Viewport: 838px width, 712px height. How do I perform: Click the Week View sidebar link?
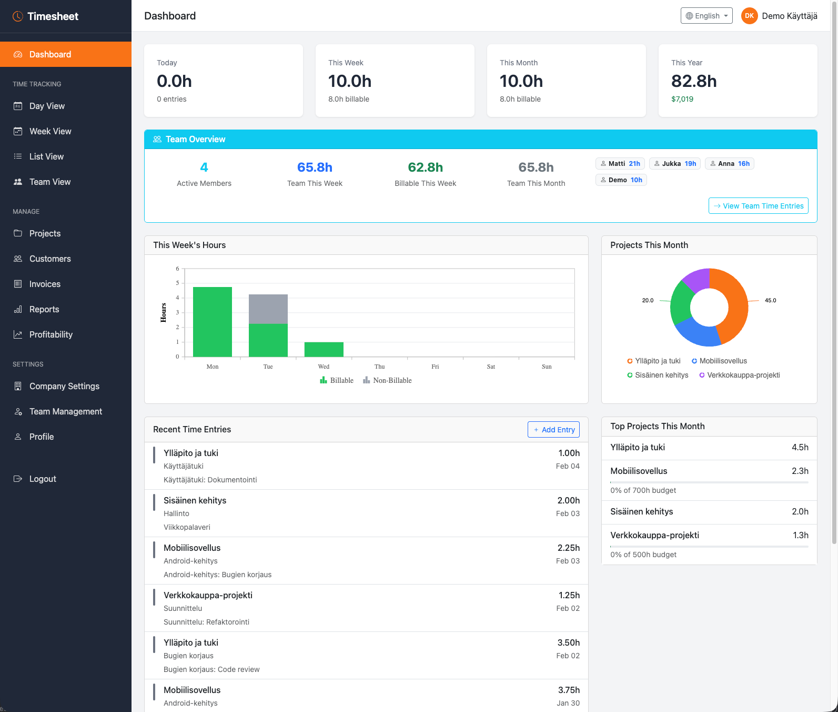50,131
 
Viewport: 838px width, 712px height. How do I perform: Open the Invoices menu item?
45,284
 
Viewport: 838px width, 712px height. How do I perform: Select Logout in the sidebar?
42,479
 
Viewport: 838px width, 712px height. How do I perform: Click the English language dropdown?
706,16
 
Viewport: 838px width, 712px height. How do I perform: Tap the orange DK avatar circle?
749,16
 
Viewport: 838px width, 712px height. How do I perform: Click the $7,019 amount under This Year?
682,99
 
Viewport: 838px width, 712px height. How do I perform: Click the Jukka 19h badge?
674,164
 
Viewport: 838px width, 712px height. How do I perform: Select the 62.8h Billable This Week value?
425,167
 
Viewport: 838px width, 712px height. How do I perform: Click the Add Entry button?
553,430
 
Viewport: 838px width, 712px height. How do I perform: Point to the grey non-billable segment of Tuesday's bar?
268,309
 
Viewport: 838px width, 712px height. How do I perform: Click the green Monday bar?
212,321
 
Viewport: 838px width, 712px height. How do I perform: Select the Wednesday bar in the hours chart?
324,349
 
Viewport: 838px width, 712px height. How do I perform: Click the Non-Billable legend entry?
388,380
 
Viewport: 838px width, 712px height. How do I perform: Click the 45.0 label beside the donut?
770,300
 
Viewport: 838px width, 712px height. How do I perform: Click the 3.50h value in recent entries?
568,642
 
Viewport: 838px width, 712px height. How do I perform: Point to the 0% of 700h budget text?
643,490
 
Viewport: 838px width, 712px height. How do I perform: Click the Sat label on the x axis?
490,367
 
